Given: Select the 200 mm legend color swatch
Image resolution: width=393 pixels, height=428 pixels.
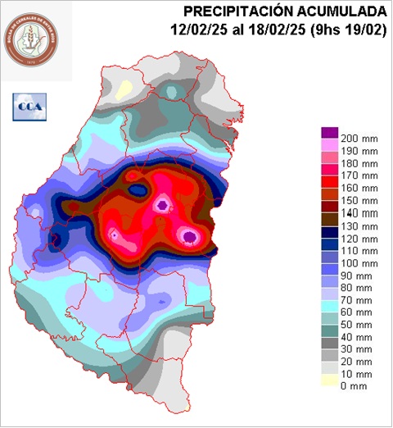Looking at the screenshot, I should pyautogui.click(x=329, y=132).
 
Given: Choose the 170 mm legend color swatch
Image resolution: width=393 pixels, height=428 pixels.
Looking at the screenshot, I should pyautogui.click(x=329, y=175).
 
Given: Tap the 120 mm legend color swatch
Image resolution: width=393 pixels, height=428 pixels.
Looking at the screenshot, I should pyautogui.click(x=329, y=238).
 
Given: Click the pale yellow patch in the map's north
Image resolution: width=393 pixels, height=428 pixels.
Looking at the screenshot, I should pyautogui.click(x=124, y=88).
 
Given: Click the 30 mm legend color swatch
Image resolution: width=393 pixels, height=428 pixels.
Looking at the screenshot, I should pyautogui.click(x=329, y=350).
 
